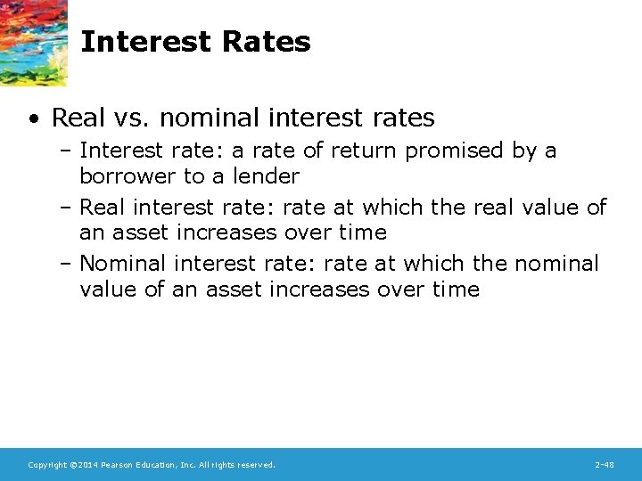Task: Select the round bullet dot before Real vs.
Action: pos(33,118)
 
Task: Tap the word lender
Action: pos(267,175)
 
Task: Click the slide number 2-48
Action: pos(604,465)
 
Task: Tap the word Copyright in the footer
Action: pos(47,465)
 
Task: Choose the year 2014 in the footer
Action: pos(86,465)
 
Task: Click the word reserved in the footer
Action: pos(256,465)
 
